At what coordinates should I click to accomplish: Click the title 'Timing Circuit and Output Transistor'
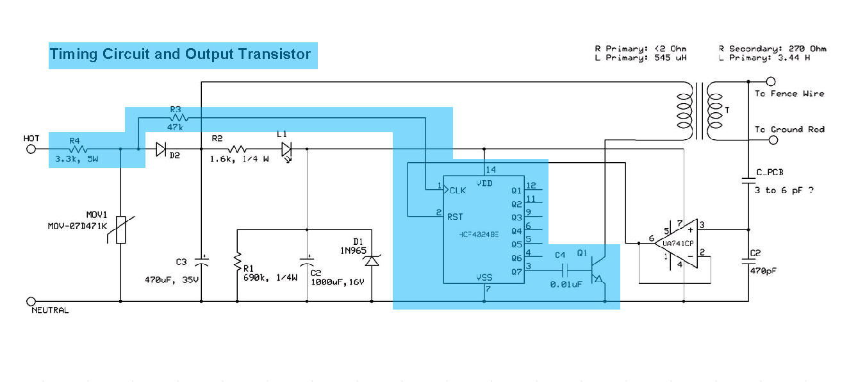click(180, 54)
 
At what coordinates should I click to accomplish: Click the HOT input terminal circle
click(30, 149)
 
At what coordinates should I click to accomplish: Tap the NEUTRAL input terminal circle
click(30, 301)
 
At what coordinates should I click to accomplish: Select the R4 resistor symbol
click(75, 149)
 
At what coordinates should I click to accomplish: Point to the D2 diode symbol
click(161, 149)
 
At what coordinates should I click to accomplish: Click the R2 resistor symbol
click(238, 149)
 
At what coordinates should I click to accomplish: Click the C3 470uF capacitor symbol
click(202, 262)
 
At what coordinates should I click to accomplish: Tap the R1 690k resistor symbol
click(237, 262)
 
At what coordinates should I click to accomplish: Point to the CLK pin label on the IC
click(458, 190)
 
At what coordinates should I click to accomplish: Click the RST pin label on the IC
click(456, 217)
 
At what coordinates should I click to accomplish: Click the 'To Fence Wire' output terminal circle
click(771, 82)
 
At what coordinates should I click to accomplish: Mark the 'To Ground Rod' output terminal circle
click(771, 137)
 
